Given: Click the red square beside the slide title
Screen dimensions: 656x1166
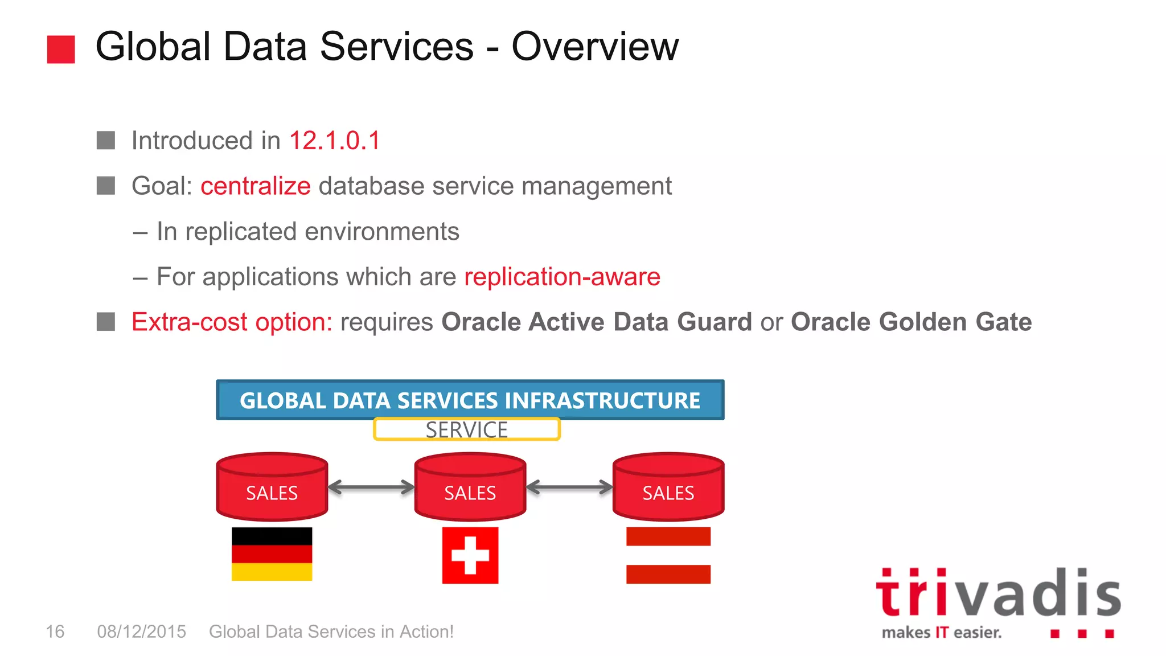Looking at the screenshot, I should [x=61, y=50].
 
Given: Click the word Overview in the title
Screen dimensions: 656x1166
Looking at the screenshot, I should [x=594, y=47].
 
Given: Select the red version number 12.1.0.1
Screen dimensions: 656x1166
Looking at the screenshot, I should [x=334, y=141].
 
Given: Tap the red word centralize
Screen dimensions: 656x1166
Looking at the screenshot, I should [x=255, y=186].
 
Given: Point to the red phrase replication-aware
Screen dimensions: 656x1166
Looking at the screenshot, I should [x=562, y=277].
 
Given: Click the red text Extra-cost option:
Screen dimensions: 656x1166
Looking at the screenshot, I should [x=232, y=322].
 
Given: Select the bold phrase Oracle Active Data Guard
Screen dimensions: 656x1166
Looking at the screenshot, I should [x=596, y=322].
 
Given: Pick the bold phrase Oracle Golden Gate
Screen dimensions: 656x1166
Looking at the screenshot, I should [x=910, y=322].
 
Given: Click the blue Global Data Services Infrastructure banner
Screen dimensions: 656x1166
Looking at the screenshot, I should [x=470, y=400].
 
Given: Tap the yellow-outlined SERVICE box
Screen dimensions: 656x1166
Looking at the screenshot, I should [x=467, y=430].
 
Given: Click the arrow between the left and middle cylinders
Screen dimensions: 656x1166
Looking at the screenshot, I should [x=371, y=487].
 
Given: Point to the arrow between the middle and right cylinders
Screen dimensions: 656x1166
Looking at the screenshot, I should [x=569, y=487].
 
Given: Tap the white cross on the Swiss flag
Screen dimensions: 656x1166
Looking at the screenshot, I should [x=470, y=555].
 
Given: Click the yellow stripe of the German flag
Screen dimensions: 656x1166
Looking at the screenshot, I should [x=272, y=572].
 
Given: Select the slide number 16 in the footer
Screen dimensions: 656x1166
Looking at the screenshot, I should [x=55, y=632].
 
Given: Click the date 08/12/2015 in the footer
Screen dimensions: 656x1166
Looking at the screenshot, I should [x=141, y=632].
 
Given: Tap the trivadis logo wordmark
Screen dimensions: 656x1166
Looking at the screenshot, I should [x=998, y=593].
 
